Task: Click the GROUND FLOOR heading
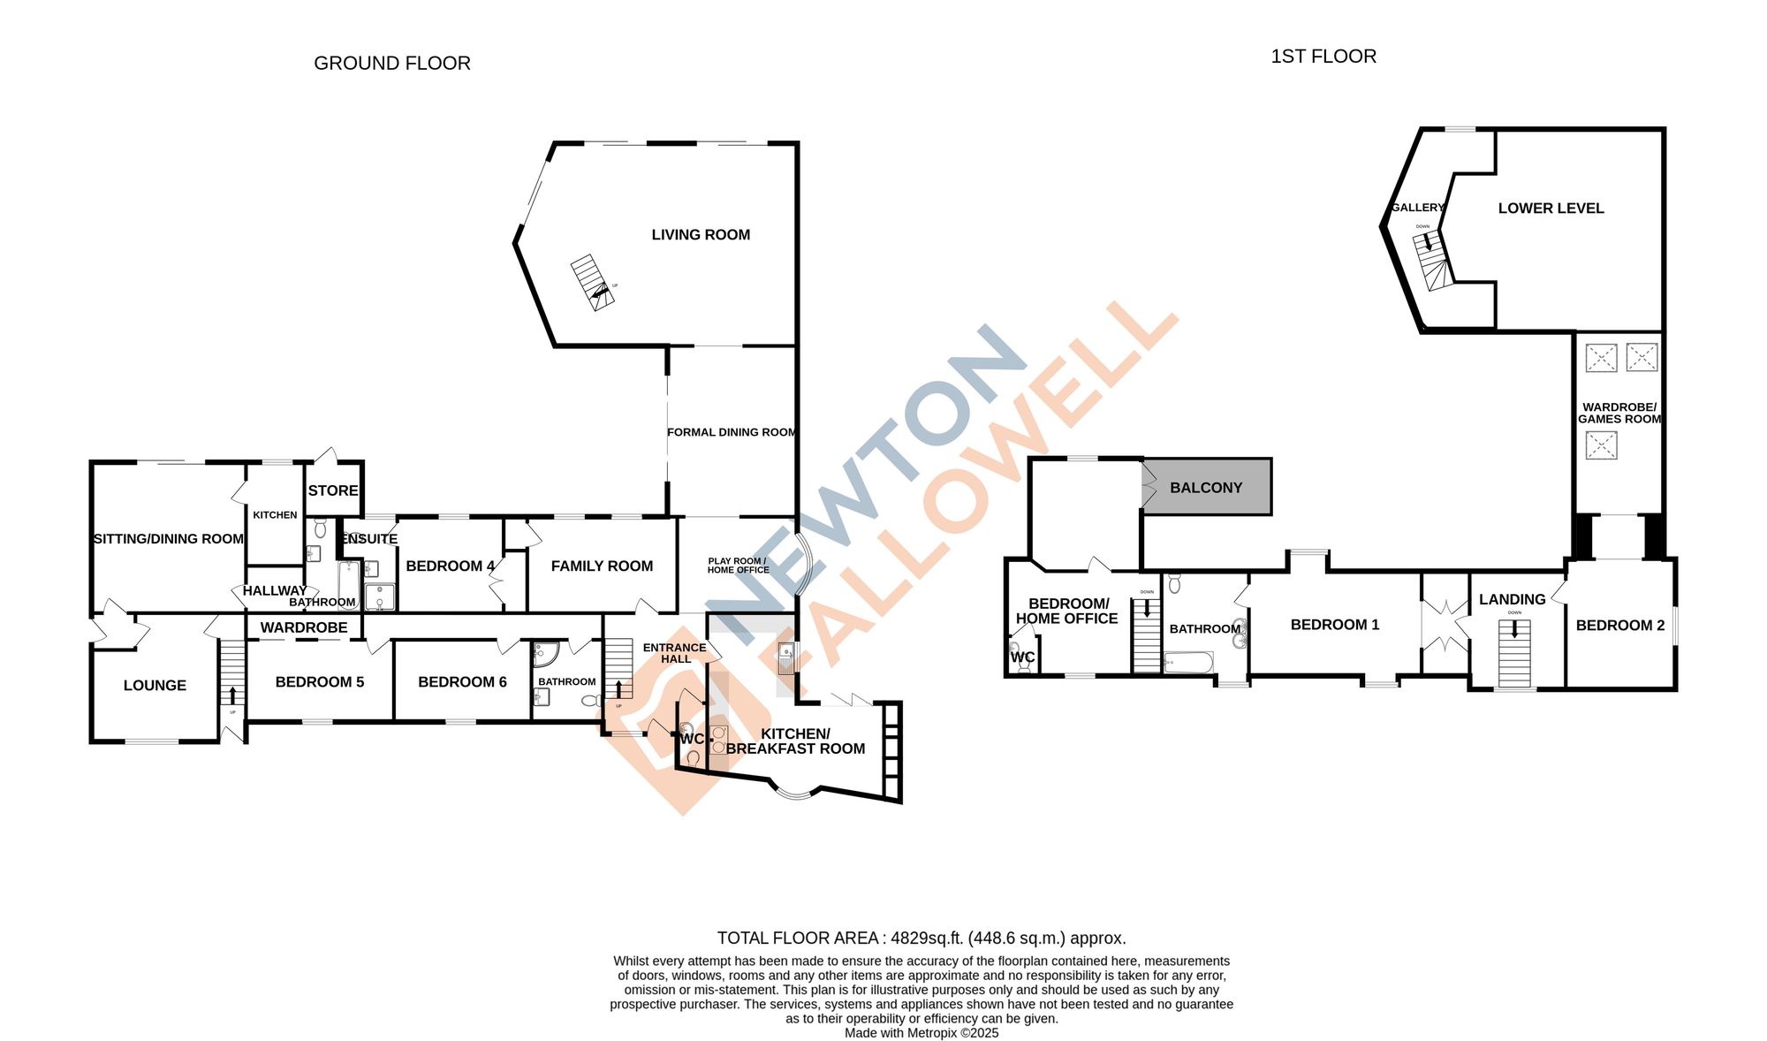pyautogui.click(x=392, y=64)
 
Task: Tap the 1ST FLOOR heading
pyautogui.click(x=1323, y=57)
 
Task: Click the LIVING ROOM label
pyautogui.click(x=701, y=235)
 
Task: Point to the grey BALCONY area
pyautogui.click(x=1206, y=487)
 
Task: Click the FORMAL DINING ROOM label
pyautogui.click(x=732, y=432)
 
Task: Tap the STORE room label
pyautogui.click(x=333, y=490)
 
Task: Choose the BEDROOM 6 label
pyautogui.click(x=462, y=682)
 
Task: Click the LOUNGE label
pyautogui.click(x=155, y=686)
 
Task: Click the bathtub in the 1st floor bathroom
pyautogui.click(x=1188, y=663)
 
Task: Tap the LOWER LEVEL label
pyautogui.click(x=1551, y=209)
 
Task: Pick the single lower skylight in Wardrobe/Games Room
pyautogui.click(x=1601, y=445)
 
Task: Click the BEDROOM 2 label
pyautogui.click(x=1619, y=626)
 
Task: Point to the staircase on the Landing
pyautogui.click(x=1514, y=654)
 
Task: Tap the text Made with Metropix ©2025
pyautogui.click(x=921, y=1033)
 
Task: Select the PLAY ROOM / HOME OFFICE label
pyautogui.click(x=738, y=566)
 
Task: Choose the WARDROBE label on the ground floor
pyautogui.click(x=304, y=627)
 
